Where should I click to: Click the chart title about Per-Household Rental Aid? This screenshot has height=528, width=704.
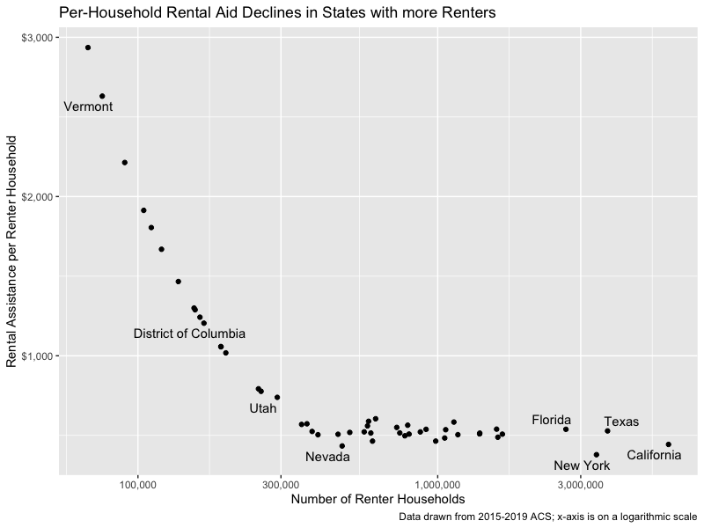277,13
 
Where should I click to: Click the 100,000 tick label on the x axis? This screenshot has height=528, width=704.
137,485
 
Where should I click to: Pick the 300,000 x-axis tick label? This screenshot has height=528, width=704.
280,485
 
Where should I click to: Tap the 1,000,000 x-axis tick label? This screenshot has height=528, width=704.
437,485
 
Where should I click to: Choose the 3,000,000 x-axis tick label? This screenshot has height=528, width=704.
582,485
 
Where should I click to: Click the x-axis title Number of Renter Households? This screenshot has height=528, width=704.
378,500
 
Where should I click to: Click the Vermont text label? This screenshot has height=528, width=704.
88,107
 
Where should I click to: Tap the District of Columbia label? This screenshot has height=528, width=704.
189,334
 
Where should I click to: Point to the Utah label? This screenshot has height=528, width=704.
262,408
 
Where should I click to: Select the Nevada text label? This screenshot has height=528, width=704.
327,457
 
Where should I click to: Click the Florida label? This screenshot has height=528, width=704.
552,421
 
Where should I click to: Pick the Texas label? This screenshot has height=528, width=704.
621,422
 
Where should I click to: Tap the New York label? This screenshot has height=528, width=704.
581,466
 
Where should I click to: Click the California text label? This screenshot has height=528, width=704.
654,456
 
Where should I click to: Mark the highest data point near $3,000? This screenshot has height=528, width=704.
88,48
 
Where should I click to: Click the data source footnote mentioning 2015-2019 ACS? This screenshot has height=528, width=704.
547,517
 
